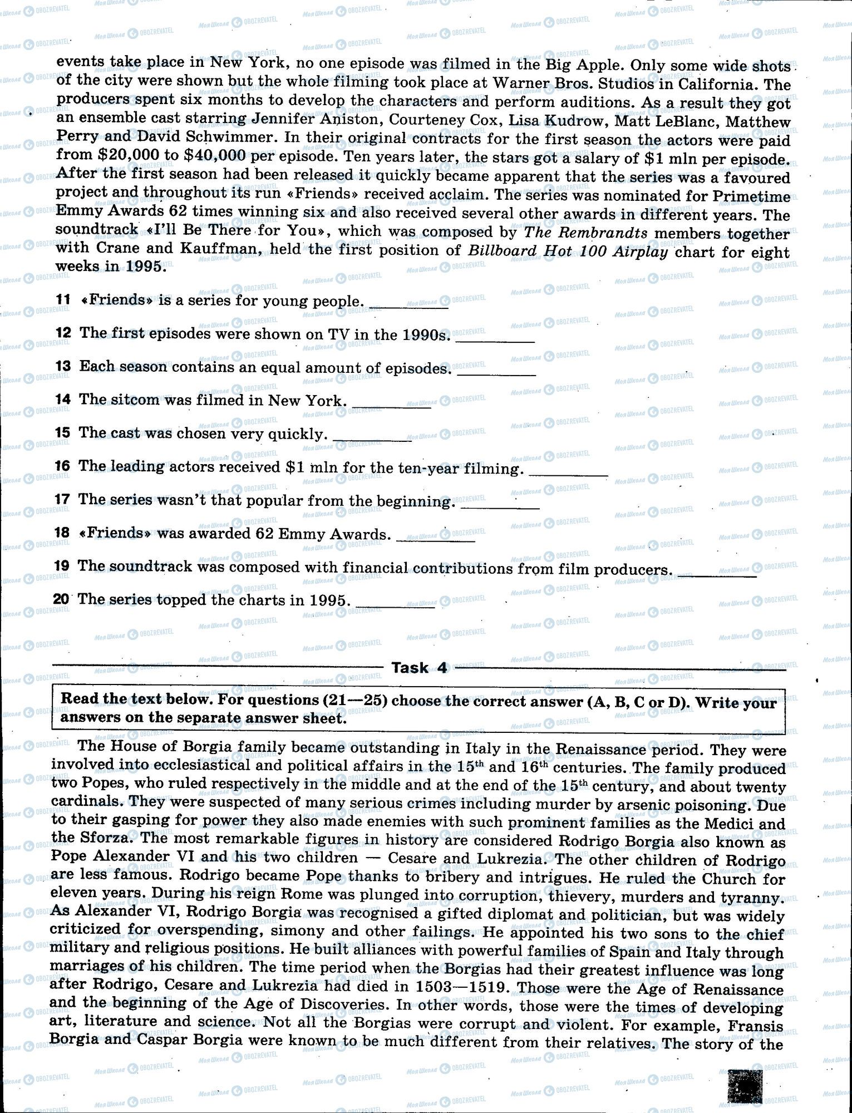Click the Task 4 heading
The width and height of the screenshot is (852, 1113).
tap(419, 667)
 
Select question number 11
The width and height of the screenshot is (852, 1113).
tap(63, 299)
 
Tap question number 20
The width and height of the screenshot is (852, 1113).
tap(61, 599)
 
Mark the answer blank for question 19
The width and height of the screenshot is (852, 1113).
tap(718, 573)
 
